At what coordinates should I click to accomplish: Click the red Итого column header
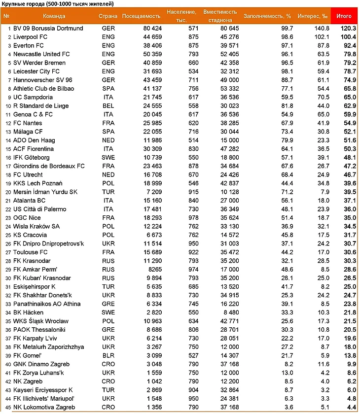pos(344,16)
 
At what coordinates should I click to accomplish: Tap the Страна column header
pos(108,16)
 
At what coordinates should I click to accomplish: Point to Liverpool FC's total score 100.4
pos(346,37)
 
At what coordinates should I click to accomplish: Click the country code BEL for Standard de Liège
pos(108,106)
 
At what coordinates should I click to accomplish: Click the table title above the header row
pos(58,4)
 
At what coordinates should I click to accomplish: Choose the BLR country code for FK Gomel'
pos(108,356)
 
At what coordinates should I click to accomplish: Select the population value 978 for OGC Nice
pos(193,218)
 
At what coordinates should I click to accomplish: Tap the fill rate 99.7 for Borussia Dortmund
pos(287,29)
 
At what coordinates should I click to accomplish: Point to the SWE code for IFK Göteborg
pos(108,158)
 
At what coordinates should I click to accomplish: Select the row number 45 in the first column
pos(7,408)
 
